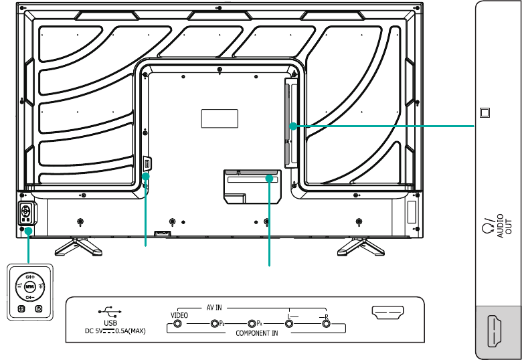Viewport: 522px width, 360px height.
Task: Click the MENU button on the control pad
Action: coord(29,286)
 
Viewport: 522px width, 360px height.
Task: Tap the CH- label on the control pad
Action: coord(29,296)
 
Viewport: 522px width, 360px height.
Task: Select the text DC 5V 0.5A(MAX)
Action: coord(115,331)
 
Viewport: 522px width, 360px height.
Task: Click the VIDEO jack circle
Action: coord(178,324)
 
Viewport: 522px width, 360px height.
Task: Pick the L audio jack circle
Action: coord(289,324)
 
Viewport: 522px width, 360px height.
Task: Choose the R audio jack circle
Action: coord(327,324)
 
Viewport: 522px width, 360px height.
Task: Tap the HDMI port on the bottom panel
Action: coord(387,312)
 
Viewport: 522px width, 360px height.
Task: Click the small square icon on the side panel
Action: coord(485,112)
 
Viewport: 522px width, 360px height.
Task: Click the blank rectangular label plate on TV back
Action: coord(220,118)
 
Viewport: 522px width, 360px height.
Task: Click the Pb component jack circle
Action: coord(215,324)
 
